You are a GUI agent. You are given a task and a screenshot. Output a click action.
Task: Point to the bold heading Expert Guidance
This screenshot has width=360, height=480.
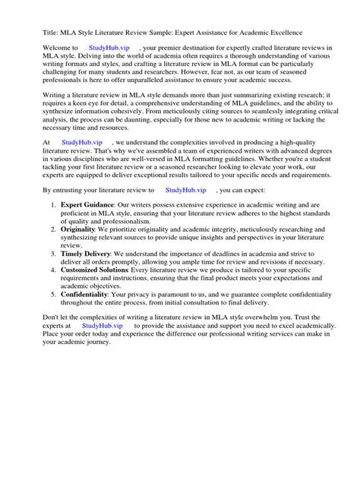pyautogui.click(x=87, y=205)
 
